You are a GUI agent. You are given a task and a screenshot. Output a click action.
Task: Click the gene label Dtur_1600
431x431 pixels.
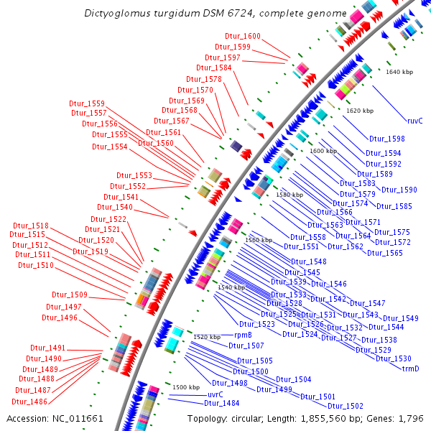click(242, 36)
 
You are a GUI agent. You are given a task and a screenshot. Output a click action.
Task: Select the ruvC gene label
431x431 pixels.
click(414, 121)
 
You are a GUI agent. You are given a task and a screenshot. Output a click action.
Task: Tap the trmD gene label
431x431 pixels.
click(410, 369)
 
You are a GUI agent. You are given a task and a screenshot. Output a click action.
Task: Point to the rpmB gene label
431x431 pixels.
click(242, 335)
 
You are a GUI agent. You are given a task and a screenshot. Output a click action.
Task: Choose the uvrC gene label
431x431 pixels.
click(215, 394)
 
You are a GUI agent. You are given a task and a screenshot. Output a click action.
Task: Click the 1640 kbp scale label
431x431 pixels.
click(399, 72)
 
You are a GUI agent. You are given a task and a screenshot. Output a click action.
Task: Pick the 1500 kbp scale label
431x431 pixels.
click(186, 387)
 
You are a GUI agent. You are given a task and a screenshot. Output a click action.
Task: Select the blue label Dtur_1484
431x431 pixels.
click(221, 404)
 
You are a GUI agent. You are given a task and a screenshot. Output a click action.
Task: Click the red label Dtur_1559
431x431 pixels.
click(87, 103)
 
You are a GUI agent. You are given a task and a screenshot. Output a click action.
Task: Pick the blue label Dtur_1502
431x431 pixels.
click(346, 406)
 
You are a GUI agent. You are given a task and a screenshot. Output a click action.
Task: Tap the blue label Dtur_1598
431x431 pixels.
click(386, 139)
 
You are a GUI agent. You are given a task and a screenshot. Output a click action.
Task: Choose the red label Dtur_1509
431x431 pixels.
click(70, 295)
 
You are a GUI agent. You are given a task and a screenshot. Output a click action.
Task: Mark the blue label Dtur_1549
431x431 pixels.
click(400, 318)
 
